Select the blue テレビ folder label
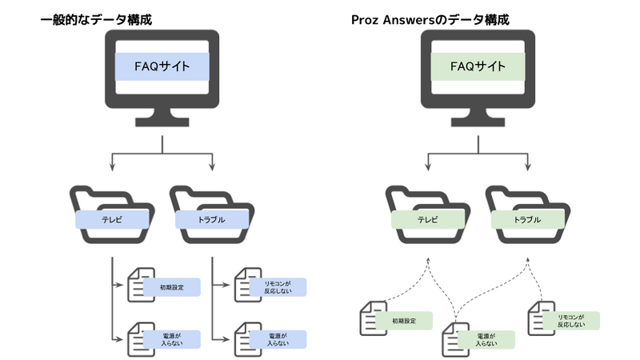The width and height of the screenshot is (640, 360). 112,219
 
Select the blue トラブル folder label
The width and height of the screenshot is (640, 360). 211,219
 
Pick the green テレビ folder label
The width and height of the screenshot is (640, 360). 428,219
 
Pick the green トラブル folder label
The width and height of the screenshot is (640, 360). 527,219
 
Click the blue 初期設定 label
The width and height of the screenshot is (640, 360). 171,286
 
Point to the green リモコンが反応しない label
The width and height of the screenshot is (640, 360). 571,321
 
